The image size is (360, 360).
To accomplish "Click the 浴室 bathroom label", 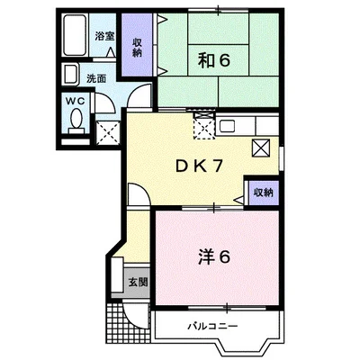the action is click(104, 36).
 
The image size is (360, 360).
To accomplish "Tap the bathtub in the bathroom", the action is click(75, 35).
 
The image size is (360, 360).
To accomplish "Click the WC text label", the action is click(76, 102).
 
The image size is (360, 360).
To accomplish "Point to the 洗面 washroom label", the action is click(96, 78).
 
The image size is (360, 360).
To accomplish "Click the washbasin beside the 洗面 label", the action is click(70, 75).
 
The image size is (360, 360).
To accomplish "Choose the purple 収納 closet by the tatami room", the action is click(137, 44).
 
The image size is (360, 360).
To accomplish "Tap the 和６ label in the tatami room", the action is click(213, 61).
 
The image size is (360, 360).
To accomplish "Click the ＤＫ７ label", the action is click(199, 166).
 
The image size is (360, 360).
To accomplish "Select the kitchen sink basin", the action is click(227, 126).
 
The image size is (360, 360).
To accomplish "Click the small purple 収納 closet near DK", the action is click(264, 193).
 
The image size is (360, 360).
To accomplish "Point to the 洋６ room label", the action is click(213, 257).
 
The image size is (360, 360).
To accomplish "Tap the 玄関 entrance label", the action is click(138, 283).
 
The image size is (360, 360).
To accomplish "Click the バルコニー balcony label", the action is click(212, 326).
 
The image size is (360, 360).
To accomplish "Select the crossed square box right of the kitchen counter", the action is click(261, 148).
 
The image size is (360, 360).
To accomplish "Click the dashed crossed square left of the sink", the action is click(204, 125).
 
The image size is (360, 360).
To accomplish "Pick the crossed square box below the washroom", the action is click(108, 133).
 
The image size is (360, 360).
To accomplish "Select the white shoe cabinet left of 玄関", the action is click(117, 274).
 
